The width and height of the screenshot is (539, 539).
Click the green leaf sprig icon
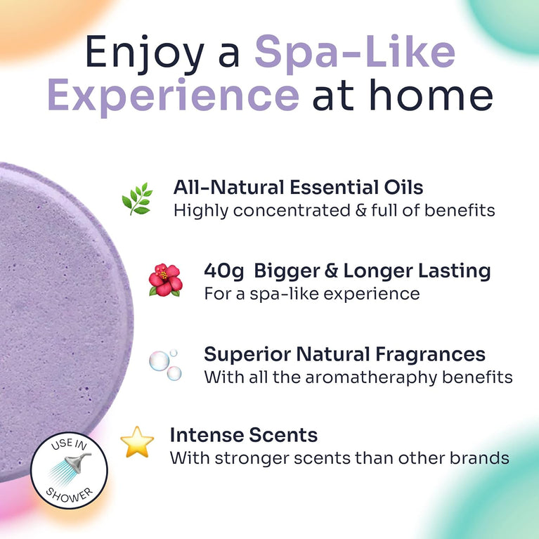(136, 199)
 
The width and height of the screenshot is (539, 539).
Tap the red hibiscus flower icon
(164, 280)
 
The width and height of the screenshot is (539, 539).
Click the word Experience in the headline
(173, 96)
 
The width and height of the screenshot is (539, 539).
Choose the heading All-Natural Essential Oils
(298, 188)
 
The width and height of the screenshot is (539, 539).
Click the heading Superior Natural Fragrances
(344, 353)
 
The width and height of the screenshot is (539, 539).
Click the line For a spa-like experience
(311, 293)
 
